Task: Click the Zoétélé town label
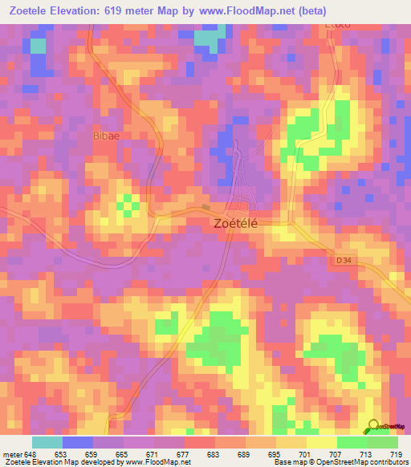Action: tap(235, 225)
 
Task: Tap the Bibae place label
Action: tap(107, 136)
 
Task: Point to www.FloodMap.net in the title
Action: tap(266, 12)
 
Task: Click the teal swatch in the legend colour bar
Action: tap(47, 443)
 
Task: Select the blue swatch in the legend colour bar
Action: tap(78, 443)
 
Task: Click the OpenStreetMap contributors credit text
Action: tap(366, 462)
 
